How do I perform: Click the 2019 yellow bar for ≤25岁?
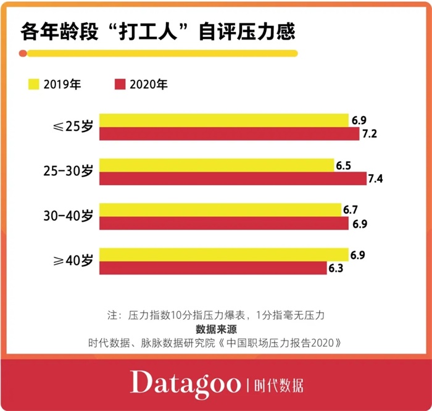(x=224, y=120)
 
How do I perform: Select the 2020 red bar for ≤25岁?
(x=229, y=134)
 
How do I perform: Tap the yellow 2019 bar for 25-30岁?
(x=217, y=165)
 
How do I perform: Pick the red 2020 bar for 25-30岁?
(x=233, y=179)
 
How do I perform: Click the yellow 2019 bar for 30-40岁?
(x=220, y=210)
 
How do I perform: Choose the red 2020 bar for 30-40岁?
(x=224, y=223)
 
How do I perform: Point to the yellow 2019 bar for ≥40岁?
(x=224, y=254)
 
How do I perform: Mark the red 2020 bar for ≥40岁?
(x=213, y=268)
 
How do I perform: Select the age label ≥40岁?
(x=72, y=260)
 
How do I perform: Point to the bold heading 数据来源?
(x=216, y=328)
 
